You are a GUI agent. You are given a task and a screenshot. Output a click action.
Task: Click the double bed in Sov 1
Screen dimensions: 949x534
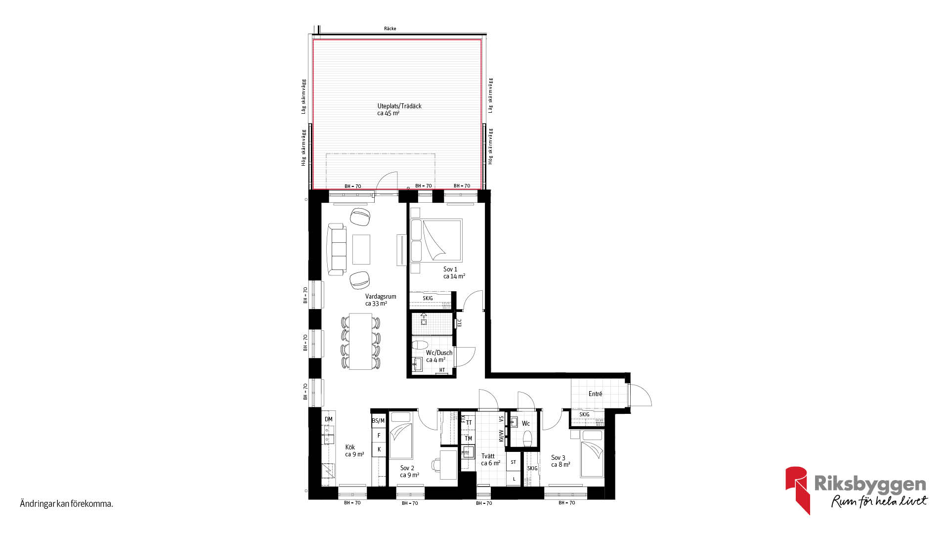[436, 240]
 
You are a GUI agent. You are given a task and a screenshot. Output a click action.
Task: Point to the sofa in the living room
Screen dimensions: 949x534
[337, 249]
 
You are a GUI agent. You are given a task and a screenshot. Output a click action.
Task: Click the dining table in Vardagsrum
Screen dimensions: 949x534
[361, 341]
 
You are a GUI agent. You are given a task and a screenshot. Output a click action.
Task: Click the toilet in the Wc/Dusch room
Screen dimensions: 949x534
[421, 345]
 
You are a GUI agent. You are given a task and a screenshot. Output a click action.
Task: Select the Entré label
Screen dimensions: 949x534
[595, 394]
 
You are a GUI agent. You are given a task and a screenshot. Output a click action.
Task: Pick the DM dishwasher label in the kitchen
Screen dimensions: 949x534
[329, 419]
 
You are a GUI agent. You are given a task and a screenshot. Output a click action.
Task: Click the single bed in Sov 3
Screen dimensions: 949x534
[592, 454]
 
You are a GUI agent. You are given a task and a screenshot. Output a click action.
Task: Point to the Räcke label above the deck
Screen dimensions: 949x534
[390, 29]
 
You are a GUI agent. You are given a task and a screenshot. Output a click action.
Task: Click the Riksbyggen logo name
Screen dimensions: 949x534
[870, 484]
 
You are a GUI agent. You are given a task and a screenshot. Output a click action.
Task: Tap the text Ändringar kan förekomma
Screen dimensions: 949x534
[67, 504]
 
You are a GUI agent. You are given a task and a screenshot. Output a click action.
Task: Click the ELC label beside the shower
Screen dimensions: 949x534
[459, 322]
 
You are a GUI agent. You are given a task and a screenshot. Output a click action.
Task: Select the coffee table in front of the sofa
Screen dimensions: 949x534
[361, 249]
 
